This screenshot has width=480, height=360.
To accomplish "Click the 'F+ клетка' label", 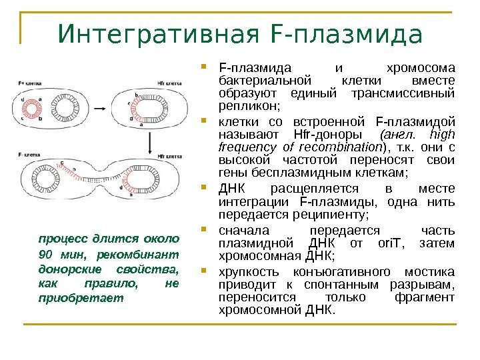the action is [x=29, y=83].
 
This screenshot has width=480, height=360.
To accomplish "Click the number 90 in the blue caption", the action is [x=46, y=254].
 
